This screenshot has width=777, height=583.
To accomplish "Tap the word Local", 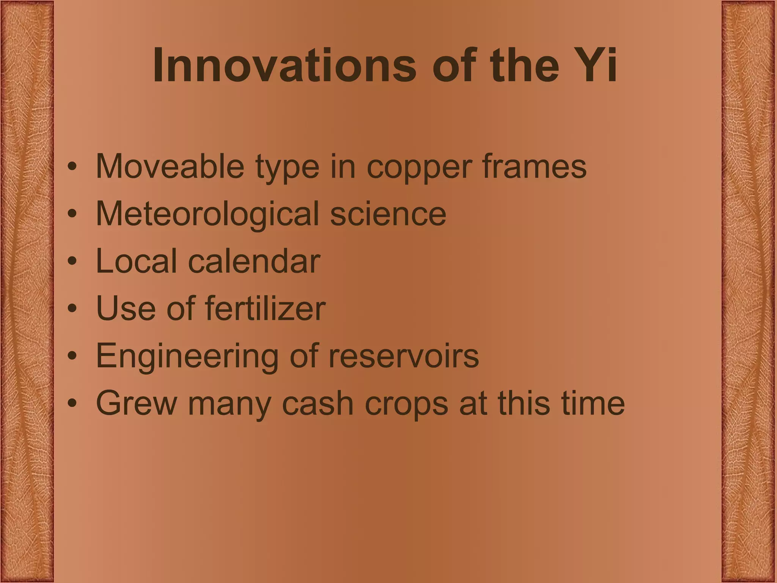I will pyautogui.click(x=136, y=261).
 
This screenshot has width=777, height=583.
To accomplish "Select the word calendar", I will pyautogui.click(x=254, y=261).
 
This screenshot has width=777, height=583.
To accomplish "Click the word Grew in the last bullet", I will pyautogui.click(x=136, y=403).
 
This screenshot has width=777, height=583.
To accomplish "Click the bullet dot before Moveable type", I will pyautogui.click(x=72, y=167).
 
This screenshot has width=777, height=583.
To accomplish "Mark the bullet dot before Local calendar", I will pyautogui.click(x=72, y=262).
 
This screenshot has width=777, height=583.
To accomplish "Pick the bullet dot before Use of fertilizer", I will pyautogui.click(x=72, y=309).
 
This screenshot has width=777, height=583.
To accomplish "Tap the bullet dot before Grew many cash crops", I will pyautogui.click(x=72, y=404).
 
